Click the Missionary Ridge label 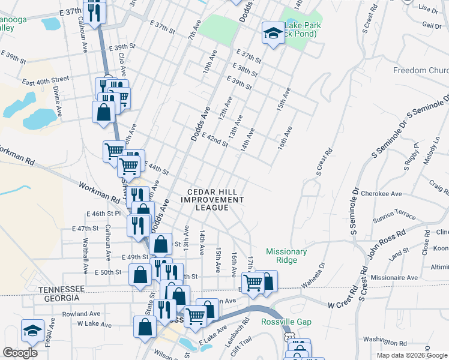[x=286, y=256]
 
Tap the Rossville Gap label [x=286, y=322]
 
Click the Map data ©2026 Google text [x=412, y=355]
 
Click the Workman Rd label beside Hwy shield [x=98, y=193]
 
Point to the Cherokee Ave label [x=386, y=194]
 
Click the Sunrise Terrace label [x=395, y=215]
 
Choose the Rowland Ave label [x=80, y=313]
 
